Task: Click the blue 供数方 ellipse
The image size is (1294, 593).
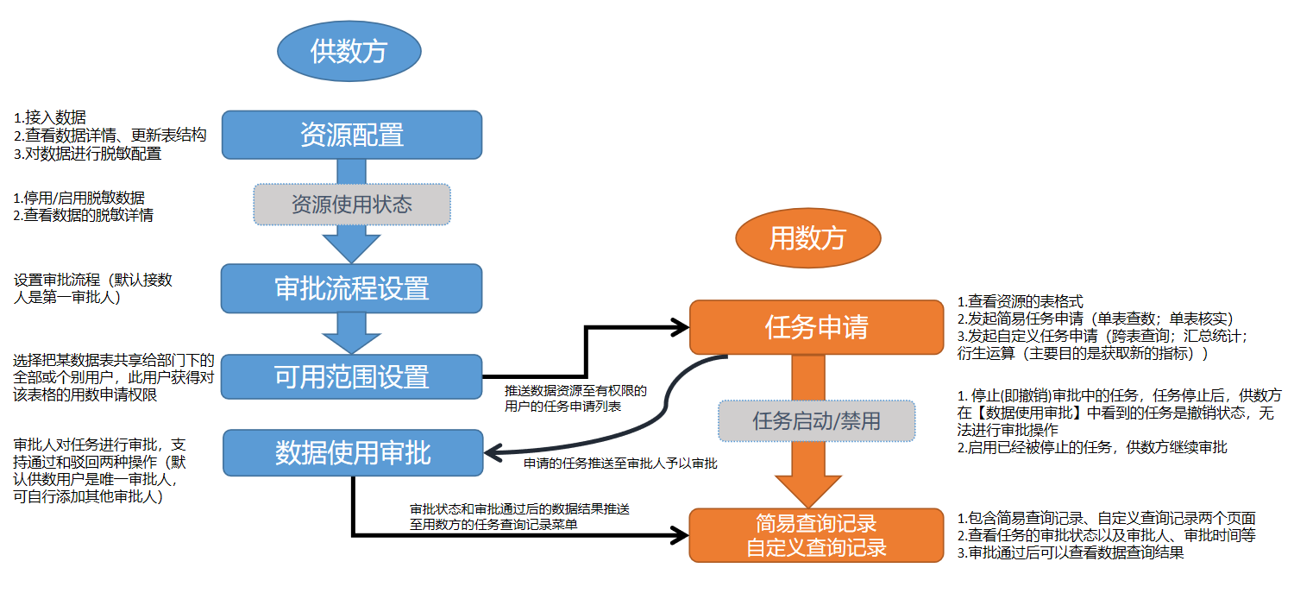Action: click(349, 52)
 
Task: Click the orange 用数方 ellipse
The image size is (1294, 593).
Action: click(807, 238)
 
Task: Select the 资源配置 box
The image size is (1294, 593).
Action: click(351, 135)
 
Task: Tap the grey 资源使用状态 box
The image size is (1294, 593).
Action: click(351, 205)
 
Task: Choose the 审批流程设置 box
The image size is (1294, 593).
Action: click(351, 288)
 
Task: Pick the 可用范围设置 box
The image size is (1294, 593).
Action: click(351, 376)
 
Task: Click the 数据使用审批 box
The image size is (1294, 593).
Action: click(353, 453)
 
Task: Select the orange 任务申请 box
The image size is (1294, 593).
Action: click(816, 327)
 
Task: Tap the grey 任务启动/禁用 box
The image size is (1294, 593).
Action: click(816, 421)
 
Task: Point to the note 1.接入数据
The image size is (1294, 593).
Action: click(50, 117)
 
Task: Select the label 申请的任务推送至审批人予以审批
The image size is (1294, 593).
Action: click(620, 464)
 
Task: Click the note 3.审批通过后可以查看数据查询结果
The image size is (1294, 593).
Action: click(1070, 553)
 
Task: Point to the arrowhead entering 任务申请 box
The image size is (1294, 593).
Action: click(681, 327)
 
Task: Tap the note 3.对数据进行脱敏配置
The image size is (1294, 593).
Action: click(87, 154)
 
